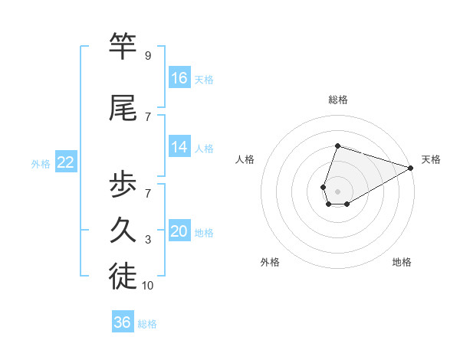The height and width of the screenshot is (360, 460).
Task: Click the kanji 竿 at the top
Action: [123, 47]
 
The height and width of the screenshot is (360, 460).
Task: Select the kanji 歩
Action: [123, 185]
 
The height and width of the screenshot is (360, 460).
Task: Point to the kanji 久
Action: [123, 231]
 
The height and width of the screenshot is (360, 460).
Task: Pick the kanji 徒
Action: [123, 277]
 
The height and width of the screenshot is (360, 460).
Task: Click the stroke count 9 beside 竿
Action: [147, 56]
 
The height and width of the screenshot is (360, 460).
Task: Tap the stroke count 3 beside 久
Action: [147, 240]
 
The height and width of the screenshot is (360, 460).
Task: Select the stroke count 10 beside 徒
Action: [149, 286]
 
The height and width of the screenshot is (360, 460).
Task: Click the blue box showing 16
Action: [179, 77]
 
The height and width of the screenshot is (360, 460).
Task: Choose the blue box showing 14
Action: [179, 147]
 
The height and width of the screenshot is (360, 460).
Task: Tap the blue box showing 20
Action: [179, 231]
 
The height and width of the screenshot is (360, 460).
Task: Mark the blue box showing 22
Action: [66, 162]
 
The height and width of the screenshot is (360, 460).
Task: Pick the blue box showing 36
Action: [123, 322]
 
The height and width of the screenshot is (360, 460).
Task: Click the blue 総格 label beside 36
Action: [147, 324]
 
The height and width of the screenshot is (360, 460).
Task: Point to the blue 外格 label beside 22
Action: [41, 163]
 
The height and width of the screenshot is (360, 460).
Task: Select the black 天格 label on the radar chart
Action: [431, 159]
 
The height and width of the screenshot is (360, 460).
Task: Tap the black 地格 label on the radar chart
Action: [402, 262]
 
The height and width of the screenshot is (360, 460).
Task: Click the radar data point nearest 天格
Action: [411, 167]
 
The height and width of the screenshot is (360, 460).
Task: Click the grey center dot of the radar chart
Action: [337, 190]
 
